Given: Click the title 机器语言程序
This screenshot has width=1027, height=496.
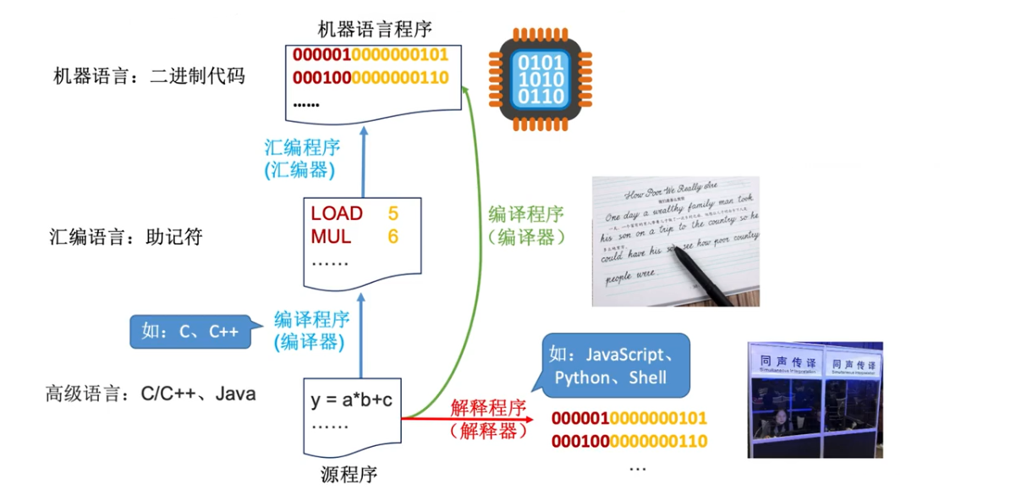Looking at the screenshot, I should pyautogui.click(x=375, y=30).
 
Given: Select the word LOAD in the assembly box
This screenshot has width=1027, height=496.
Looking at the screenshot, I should pyautogui.click(x=337, y=213).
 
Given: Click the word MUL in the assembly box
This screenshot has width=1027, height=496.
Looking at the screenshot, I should pyautogui.click(x=331, y=236).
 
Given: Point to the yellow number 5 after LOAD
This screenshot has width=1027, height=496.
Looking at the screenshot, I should pyautogui.click(x=393, y=213).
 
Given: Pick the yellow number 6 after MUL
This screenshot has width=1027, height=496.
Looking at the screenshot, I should pyautogui.click(x=393, y=236).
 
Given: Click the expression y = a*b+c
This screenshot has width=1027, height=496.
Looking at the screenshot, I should pyautogui.click(x=351, y=399).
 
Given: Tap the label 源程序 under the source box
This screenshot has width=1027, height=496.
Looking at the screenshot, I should pyautogui.click(x=349, y=474).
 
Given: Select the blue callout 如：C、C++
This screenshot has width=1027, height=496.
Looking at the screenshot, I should pyautogui.click(x=190, y=332).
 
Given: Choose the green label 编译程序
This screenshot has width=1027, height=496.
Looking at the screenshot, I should pyautogui.click(x=526, y=214).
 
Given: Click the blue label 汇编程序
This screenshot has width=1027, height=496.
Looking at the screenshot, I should pyautogui.click(x=302, y=147).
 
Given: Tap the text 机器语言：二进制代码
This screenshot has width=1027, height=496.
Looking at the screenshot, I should pyautogui.click(x=149, y=76).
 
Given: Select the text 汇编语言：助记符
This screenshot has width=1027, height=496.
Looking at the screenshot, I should pyautogui.click(x=126, y=238).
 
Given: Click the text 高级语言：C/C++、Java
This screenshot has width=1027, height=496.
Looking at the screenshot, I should pyautogui.click(x=151, y=394).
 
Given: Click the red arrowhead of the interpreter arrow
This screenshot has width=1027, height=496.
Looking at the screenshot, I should pyautogui.click(x=530, y=417).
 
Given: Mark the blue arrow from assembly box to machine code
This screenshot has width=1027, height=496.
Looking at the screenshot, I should pyautogui.click(x=363, y=161).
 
